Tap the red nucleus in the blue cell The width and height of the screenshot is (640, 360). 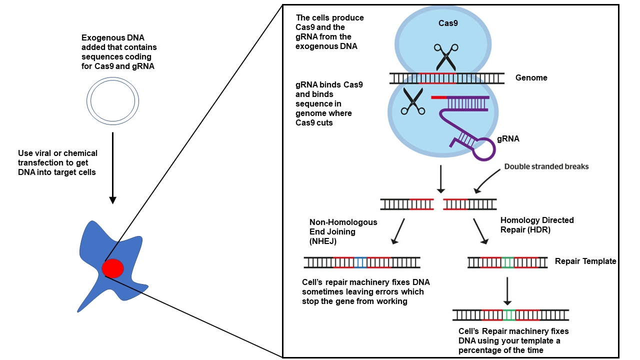click(x=112, y=269)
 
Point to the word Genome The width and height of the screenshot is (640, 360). click(x=531, y=78)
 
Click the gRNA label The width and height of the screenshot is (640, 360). click(x=507, y=139)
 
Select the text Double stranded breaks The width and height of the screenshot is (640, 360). click(x=546, y=166)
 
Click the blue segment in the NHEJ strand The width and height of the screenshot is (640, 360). click(x=360, y=262)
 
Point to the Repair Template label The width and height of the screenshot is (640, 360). click(x=585, y=261)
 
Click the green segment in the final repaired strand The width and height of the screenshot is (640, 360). click(x=509, y=315)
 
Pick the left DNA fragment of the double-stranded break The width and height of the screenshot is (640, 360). click(x=407, y=204)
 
